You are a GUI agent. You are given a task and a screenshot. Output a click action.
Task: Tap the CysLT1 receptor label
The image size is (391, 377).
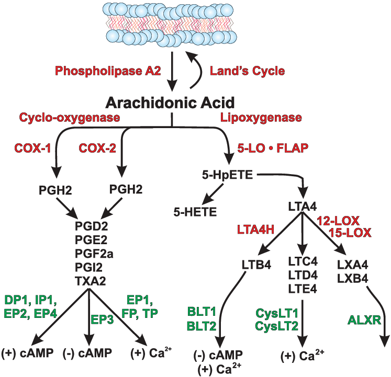click(277, 313)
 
